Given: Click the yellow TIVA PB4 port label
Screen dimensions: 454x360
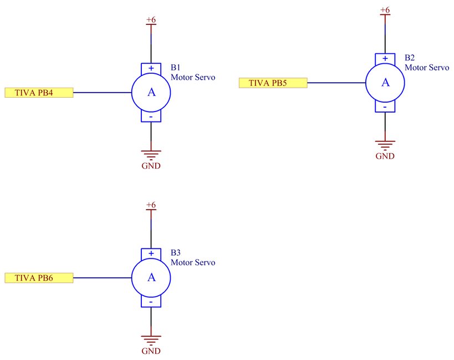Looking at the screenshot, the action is click(x=39, y=93).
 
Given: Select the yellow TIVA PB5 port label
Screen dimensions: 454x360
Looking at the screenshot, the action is click(x=273, y=83).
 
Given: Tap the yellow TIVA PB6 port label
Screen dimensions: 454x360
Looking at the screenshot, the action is click(x=39, y=278).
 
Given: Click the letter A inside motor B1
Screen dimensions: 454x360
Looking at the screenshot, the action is click(x=151, y=93).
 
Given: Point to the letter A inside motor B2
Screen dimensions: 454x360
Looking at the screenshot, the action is click(x=385, y=83).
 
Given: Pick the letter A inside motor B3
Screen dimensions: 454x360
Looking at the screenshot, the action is click(x=151, y=277).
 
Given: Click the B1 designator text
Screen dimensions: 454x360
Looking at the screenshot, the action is click(x=176, y=68).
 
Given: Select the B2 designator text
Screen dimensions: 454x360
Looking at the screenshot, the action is click(x=410, y=58).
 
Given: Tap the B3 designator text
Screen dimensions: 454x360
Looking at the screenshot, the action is click(x=176, y=252).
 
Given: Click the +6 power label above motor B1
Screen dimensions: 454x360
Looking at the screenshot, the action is click(x=151, y=20).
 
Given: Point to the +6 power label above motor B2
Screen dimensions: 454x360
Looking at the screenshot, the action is click(x=385, y=10).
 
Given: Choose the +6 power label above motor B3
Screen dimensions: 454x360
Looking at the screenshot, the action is click(x=151, y=205).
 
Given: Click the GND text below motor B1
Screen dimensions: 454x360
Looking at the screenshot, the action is click(x=151, y=166).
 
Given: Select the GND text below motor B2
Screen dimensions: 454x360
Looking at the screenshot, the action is click(x=385, y=156).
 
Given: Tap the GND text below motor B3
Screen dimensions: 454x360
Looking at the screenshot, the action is click(x=151, y=351).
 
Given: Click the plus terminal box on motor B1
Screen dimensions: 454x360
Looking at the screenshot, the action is click(x=151, y=68).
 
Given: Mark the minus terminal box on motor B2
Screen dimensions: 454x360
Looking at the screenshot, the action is click(x=385, y=107).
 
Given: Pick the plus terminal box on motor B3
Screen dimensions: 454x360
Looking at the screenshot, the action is click(x=151, y=253).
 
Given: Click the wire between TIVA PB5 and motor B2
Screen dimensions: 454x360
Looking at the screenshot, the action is click(x=336, y=83).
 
